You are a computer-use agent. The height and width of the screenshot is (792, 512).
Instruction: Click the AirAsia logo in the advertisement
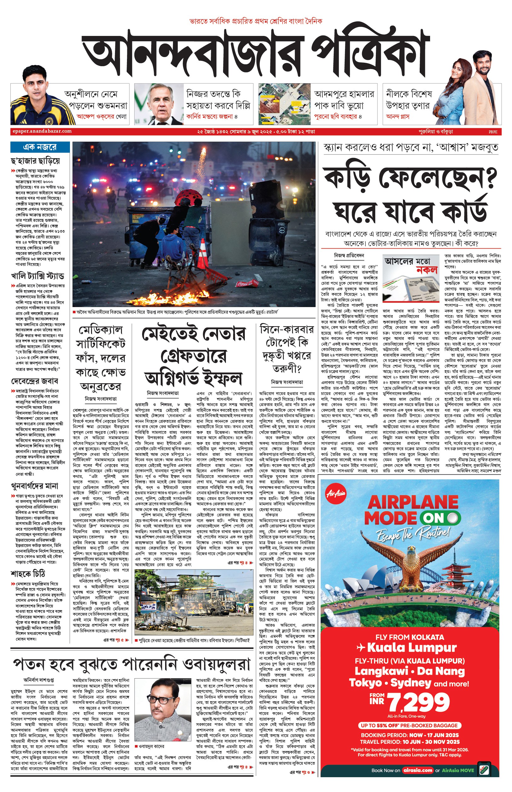click(x=336, y=494)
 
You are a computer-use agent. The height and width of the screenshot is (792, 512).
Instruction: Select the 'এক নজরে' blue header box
click(x=40, y=147)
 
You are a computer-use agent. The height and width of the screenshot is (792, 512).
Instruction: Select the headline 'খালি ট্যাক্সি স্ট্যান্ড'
click(x=37, y=276)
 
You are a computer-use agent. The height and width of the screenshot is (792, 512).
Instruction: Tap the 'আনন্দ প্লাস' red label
click(x=398, y=117)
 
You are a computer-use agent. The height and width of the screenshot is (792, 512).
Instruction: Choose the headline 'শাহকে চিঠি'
click(x=28, y=574)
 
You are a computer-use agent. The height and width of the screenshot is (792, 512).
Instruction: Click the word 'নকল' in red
click(x=427, y=270)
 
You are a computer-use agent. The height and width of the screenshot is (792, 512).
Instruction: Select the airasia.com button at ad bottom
click(x=417, y=770)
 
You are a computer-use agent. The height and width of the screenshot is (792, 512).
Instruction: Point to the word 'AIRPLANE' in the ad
click(x=413, y=502)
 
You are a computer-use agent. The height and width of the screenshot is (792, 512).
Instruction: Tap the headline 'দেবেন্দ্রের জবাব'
click(x=35, y=381)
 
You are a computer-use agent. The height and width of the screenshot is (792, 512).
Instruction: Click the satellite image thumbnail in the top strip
click(x=284, y=104)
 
